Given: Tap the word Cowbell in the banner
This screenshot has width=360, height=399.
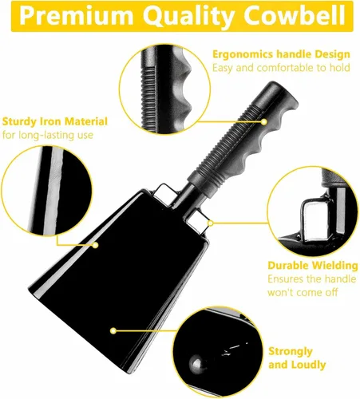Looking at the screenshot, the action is coord(295,15).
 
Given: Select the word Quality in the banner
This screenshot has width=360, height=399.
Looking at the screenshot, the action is coord(188,17).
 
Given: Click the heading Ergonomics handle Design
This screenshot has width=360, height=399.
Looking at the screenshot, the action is coord(281,54).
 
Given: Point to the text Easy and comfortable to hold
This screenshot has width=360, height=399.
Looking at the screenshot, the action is coord(281,68).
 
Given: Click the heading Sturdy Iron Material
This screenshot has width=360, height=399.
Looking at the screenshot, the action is coord(55,121).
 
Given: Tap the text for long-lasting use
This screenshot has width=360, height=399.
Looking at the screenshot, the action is coord(48,135).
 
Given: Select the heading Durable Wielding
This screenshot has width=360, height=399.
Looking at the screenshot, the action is coord(313,266).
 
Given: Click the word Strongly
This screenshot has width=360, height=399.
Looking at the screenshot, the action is coord(291,352).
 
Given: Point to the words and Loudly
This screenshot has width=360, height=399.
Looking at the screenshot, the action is coord(297,365).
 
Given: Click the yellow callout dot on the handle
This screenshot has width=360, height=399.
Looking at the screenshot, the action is coord(264,122).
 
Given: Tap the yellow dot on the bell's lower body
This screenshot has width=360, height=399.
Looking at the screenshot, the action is coord(113,330).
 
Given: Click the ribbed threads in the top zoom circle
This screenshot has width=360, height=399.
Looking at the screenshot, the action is coord(149,93).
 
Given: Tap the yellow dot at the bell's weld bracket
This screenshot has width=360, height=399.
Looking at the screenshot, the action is coord(211,223).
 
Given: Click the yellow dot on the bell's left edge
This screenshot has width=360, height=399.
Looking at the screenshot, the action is coord(95,245).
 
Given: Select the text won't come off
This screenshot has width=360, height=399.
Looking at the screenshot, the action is coord(303,293).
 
